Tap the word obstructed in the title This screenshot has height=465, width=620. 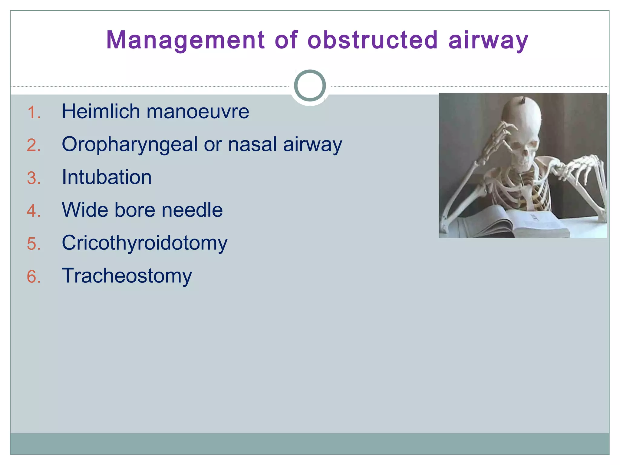pyautogui.click(x=373, y=40)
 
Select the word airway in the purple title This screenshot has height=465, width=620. pyautogui.click(x=488, y=40)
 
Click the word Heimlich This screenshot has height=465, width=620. pyautogui.click(x=101, y=111)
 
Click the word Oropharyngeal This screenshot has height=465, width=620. pyautogui.click(x=130, y=144)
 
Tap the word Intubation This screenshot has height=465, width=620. pyautogui.click(x=107, y=177)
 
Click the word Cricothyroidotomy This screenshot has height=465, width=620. pyautogui.click(x=144, y=243)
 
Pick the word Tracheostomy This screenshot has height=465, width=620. pyautogui.click(x=127, y=276)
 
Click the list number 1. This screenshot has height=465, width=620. pyautogui.click(x=34, y=113)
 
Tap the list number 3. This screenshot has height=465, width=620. pyautogui.click(x=34, y=178)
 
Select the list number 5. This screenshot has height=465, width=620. pyautogui.click(x=34, y=244)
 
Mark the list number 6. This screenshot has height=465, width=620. pyautogui.click(x=34, y=277)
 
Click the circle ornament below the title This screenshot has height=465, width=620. pyautogui.click(x=310, y=86)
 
